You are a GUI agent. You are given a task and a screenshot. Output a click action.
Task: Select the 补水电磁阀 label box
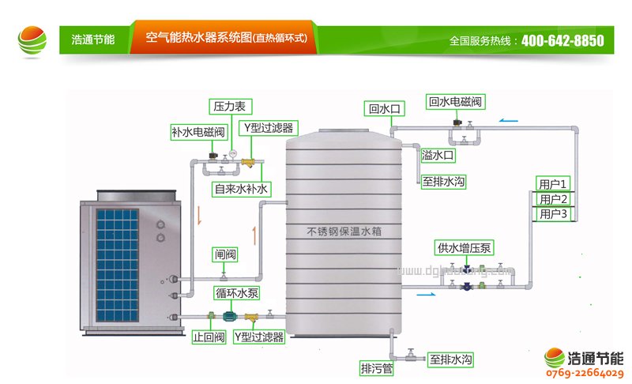point(198,131)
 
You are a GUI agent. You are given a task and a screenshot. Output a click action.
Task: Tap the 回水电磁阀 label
point(455,101)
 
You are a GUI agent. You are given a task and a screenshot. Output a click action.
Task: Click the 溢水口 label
point(438,156)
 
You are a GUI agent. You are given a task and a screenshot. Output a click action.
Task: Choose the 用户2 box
point(554,199)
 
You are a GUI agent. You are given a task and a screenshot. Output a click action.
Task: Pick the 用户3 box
point(554,214)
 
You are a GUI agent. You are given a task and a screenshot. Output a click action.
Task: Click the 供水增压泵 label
point(465,248)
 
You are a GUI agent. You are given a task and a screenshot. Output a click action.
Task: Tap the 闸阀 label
point(225,254)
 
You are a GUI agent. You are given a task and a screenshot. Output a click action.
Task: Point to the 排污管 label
point(377,367)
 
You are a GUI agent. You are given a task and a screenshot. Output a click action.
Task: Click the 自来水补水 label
point(242,190)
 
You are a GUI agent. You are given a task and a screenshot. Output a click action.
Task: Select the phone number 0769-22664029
point(585,373)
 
